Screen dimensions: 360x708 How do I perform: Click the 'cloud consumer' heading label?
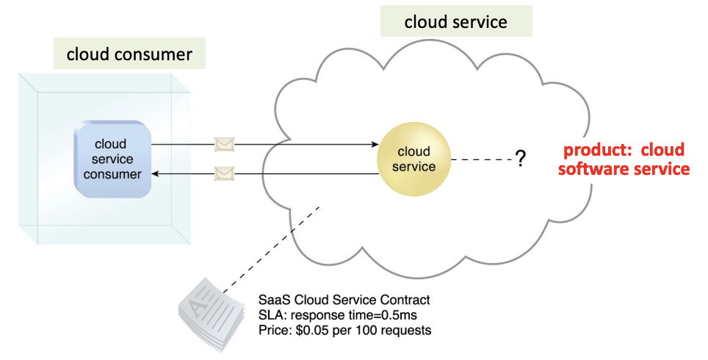tap(129, 54)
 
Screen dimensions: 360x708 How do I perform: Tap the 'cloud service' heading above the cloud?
tap(455, 21)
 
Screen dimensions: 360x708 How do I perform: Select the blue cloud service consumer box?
tap(112, 159)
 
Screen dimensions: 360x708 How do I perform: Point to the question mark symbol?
tap(520, 158)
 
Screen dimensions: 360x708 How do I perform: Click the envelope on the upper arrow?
tap(224, 144)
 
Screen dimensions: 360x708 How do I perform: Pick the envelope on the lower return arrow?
tap(224, 174)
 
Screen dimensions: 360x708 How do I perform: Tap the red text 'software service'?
tap(624, 169)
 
